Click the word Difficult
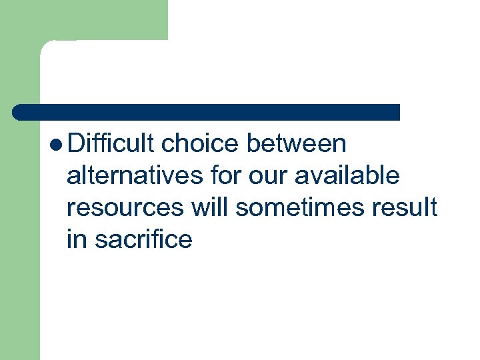[x=111, y=143]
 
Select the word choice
[x=199, y=143]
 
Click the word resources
[x=125, y=207]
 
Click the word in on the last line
[x=77, y=239]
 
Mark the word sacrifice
[x=143, y=239]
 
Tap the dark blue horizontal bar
[x=207, y=112]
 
